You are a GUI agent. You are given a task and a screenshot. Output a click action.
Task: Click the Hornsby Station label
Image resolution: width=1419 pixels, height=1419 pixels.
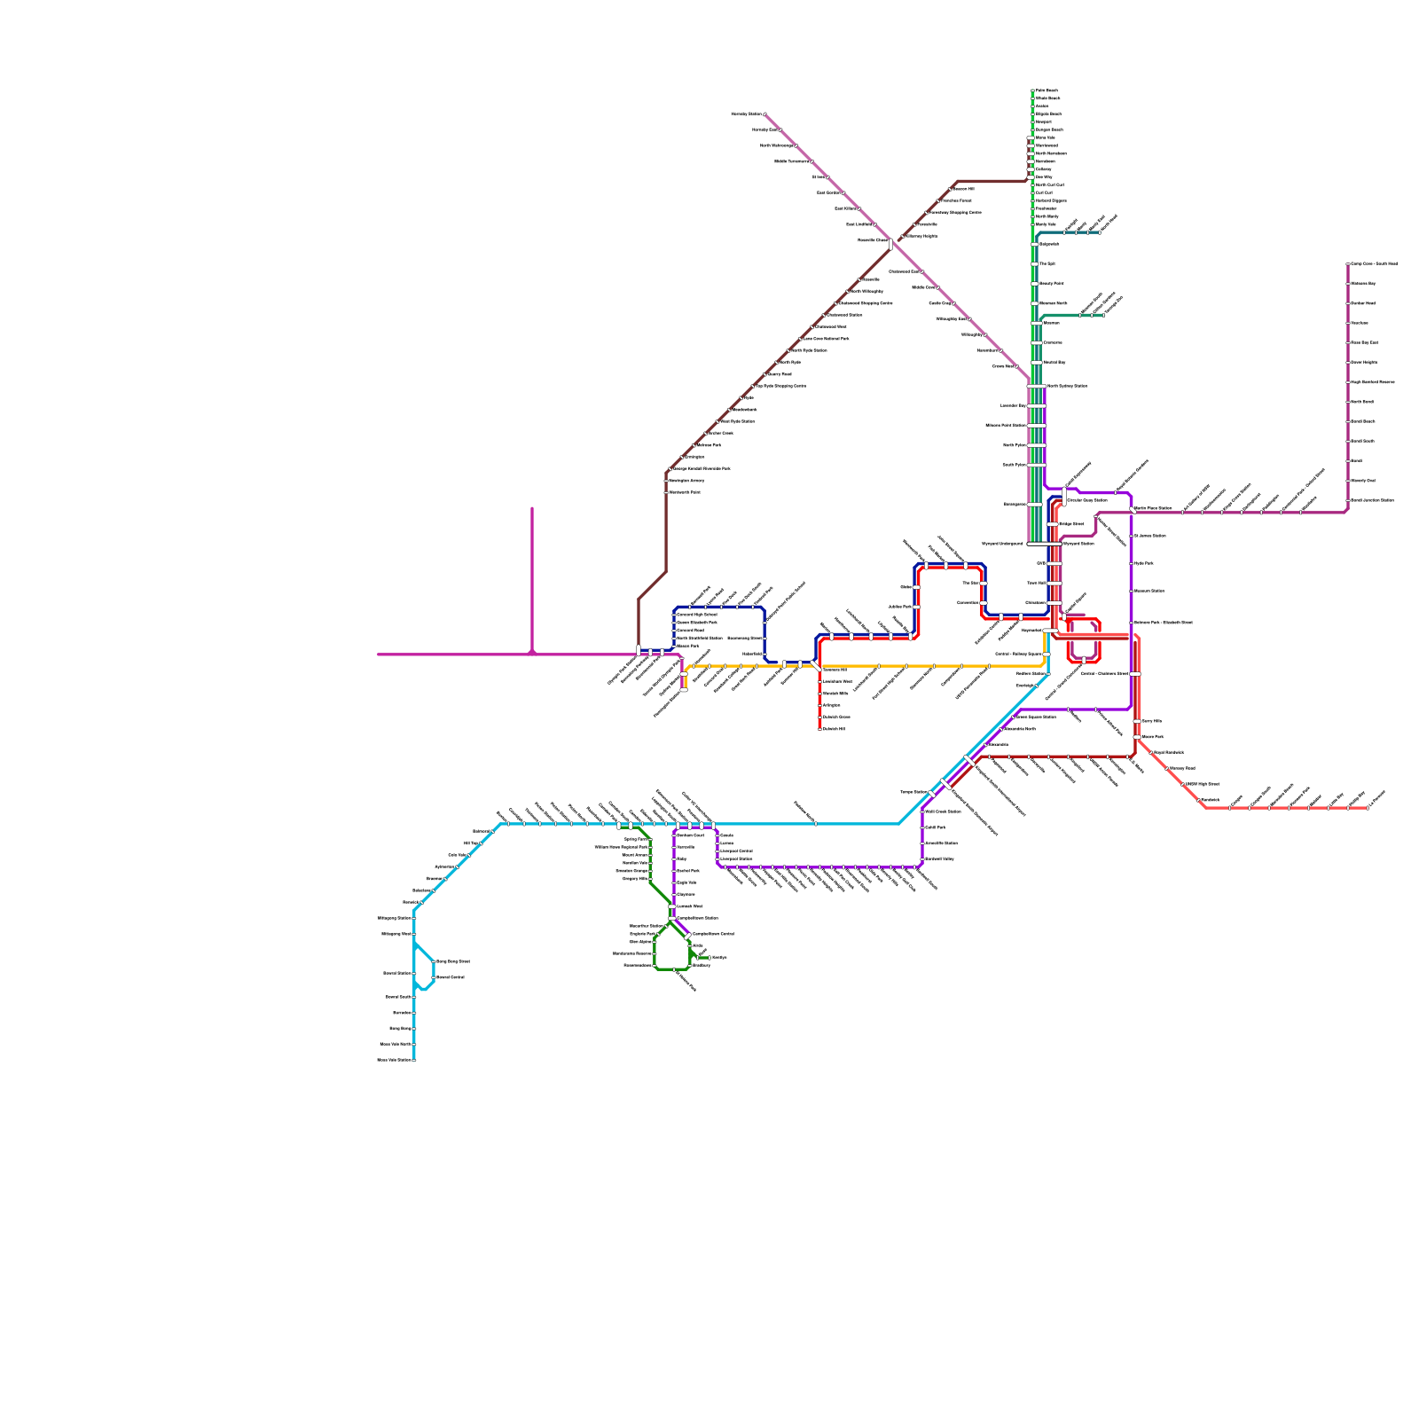746,114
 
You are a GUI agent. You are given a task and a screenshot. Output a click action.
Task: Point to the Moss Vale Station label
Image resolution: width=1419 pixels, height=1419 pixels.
395,1060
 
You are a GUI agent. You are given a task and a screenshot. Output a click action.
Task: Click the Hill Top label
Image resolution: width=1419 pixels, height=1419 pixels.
471,843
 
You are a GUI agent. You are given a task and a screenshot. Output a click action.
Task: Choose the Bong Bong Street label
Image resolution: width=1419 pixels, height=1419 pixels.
452,961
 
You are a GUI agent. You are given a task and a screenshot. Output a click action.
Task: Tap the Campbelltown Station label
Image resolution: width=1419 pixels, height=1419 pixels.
697,919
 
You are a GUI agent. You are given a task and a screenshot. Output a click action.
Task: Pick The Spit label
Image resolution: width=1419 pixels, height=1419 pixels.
1047,264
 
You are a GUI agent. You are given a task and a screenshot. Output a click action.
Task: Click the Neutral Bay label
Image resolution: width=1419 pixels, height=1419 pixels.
1054,363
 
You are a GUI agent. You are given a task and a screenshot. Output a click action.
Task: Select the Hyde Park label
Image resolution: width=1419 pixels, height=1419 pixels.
1144,563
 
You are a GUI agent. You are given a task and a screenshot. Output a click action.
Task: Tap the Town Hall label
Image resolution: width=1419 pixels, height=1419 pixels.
1036,584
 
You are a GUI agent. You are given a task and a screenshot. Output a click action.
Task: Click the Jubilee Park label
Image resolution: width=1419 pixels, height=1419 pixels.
899,608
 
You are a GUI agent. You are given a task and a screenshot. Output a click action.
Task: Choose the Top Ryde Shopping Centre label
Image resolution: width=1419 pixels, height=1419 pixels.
780,387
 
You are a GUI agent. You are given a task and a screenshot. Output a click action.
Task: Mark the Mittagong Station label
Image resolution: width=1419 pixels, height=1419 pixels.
394,918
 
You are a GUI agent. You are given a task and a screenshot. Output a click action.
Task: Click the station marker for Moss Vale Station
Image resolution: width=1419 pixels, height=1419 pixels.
414,1060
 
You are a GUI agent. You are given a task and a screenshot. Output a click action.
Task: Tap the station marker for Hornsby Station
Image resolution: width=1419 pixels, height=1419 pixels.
765,114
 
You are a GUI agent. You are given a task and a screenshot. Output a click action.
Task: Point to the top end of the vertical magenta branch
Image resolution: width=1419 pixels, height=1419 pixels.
532,509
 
